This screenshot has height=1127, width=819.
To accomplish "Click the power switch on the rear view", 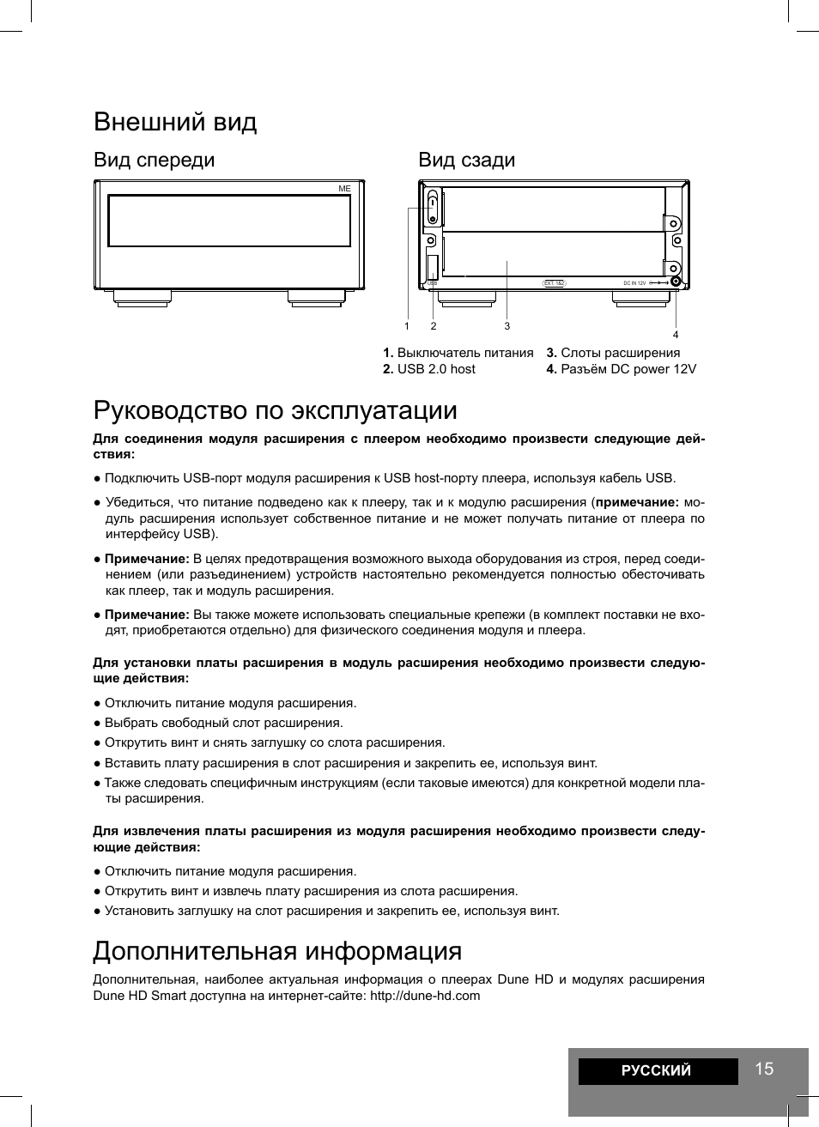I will coord(434,207).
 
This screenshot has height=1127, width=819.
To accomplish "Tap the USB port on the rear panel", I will coord(433,266).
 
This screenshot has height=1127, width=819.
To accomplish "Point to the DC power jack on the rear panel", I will coord(676,282).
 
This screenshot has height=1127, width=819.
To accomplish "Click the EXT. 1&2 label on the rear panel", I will coord(555,282).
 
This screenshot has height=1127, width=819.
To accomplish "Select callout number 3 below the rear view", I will coord(507,326).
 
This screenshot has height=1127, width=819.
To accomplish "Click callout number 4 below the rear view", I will coord(676,335).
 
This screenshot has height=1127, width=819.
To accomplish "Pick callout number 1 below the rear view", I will coord(407,326).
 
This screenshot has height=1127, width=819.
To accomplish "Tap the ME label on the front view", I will coord(344,188).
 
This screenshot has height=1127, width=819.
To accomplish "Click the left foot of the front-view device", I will coord(142,298).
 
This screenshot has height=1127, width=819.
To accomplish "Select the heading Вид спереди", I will coord(155,160).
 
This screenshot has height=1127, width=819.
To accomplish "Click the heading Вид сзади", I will coord(466,160).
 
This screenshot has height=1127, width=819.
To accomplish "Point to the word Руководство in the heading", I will coord(171,409).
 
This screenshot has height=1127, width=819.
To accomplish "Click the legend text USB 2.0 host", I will coord(436,369).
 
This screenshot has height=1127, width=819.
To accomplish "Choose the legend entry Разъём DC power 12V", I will coord(628,369).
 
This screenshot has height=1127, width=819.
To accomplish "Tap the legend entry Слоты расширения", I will coord(620,353).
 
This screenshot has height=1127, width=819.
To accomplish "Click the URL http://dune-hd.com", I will coord(425,996).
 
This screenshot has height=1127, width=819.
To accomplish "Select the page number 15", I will coord(764,1069).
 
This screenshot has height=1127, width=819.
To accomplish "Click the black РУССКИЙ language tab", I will coord(657,1070).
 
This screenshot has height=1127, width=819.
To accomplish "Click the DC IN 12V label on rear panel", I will coord(634,282).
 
